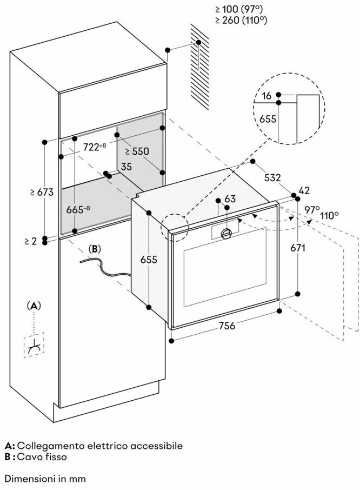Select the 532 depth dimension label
pos(272,177)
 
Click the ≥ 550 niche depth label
pos(137,151)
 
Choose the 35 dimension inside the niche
pos(126,167)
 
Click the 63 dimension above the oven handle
pos(230,199)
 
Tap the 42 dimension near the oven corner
pos(304,190)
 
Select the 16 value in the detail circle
pos(266,96)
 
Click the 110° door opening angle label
pos(329,215)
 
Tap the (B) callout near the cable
pos(95,249)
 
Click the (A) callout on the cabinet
pos(34,306)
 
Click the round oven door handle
pos(227,233)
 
